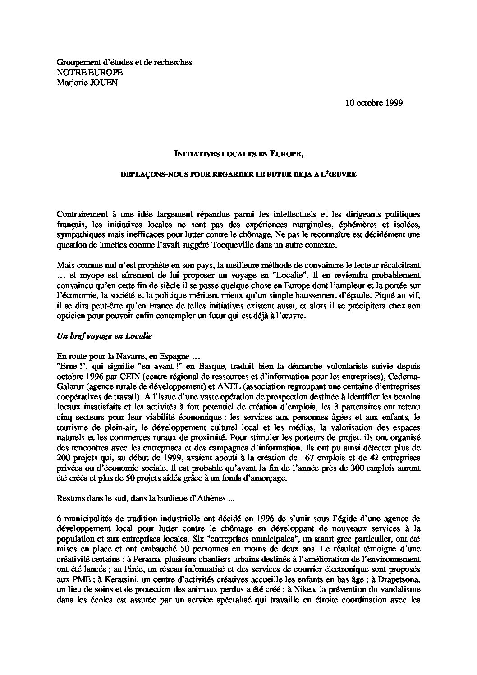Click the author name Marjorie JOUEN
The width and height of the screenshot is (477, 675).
[x=87, y=83]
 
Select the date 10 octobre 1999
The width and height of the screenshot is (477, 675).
[x=374, y=102]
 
